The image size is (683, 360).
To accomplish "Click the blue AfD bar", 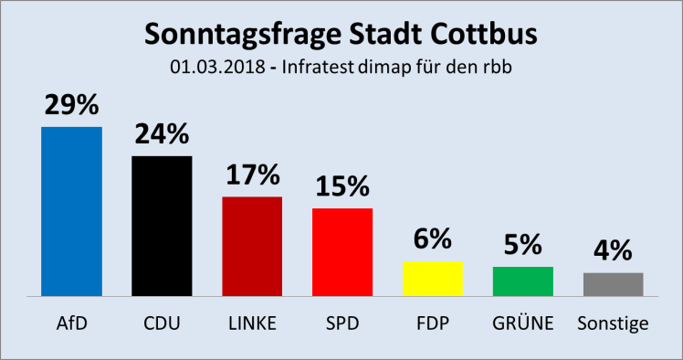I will pyautogui.click(x=71, y=211).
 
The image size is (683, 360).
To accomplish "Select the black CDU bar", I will pyautogui.click(x=162, y=226).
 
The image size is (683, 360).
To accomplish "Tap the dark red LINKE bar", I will pyautogui.click(x=252, y=246).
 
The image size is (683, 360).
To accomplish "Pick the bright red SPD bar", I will pyautogui.click(x=342, y=251).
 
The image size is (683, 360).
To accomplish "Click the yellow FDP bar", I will pyautogui.click(x=433, y=278).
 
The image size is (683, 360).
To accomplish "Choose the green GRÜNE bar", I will pyautogui.click(x=522, y=281).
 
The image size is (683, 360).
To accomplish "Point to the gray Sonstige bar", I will pyautogui.click(x=613, y=284).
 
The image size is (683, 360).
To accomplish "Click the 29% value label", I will pyautogui.click(x=71, y=105).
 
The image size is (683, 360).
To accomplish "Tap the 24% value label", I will pyautogui.click(x=162, y=134).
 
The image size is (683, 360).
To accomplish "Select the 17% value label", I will pyautogui.click(x=252, y=175).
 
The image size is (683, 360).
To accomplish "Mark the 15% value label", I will pyautogui.click(x=342, y=186).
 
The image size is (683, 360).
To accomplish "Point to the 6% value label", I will pyautogui.click(x=433, y=238).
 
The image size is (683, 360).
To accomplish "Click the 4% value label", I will pyautogui.click(x=613, y=250).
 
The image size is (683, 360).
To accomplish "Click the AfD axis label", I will pyautogui.click(x=71, y=324).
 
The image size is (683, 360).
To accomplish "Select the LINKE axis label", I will pyautogui.click(x=252, y=324).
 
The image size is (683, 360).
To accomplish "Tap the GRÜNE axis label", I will pyautogui.click(x=522, y=324).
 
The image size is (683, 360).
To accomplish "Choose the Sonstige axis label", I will pyautogui.click(x=613, y=324).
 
